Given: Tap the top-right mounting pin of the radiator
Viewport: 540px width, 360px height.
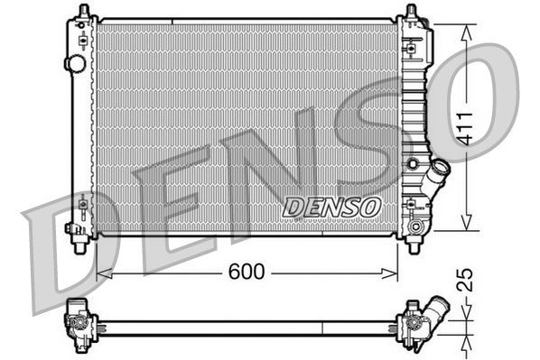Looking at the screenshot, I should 412,12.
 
